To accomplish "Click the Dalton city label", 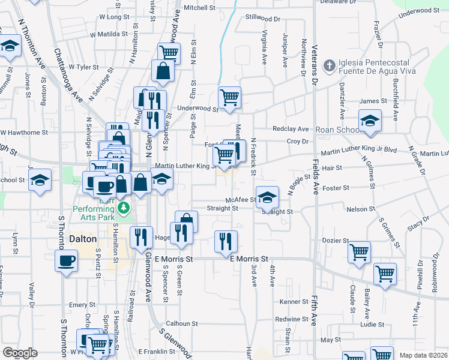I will [x=82, y=238].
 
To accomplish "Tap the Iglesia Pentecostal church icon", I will [x=329, y=65].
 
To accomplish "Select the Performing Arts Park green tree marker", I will [x=124, y=208].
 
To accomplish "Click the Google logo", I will [x=20, y=352].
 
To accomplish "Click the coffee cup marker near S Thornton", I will [x=66, y=261].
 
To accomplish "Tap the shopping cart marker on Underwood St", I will [x=229, y=97].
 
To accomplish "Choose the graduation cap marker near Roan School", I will [x=370, y=121].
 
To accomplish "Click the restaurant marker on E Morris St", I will [x=226, y=242].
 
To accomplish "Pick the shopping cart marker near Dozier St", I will [x=359, y=253].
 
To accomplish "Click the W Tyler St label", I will [x=83, y=67].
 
